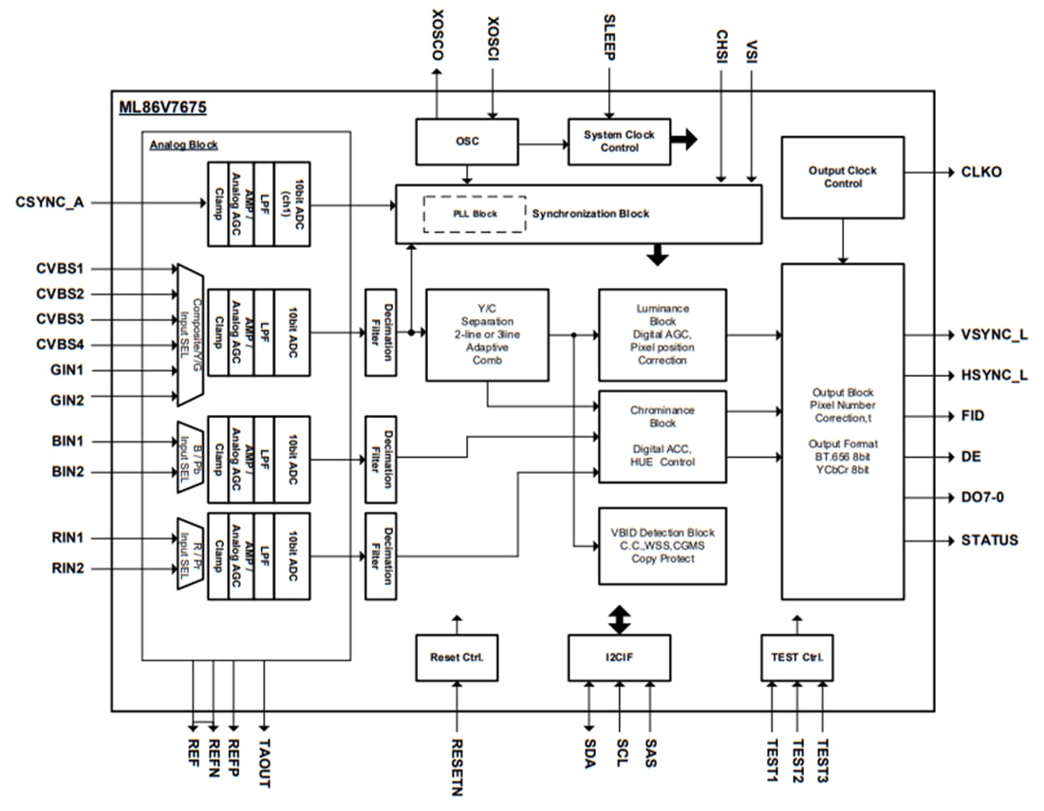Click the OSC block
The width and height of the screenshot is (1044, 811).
(x=467, y=141)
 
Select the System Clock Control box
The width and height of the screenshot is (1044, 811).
(x=619, y=141)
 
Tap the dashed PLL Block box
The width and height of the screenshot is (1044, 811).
(x=474, y=214)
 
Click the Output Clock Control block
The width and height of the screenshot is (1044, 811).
(x=842, y=178)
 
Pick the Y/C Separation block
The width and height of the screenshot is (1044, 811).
(x=487, y=334)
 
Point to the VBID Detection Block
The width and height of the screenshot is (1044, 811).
(x=662, y=546)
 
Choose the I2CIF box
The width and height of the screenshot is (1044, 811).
(x=619, y=657)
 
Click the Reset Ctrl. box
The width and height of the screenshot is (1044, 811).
(x=457, y=657)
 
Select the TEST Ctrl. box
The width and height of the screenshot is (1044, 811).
(x=797, y=657)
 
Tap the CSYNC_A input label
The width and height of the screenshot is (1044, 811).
(x=49, y=201)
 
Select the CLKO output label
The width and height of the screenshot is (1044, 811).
(x=981, y=172)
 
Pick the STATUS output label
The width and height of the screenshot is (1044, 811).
(x=989, y=540)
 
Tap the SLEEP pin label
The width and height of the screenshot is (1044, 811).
(x=610, y=39)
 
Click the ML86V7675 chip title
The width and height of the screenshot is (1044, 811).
(x=162, y=108)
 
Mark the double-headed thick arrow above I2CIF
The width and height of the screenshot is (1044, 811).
(x=619, y=620)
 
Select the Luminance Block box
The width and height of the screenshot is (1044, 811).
(x=662, y=334)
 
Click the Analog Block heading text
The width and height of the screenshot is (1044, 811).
(x=183, y=144)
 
